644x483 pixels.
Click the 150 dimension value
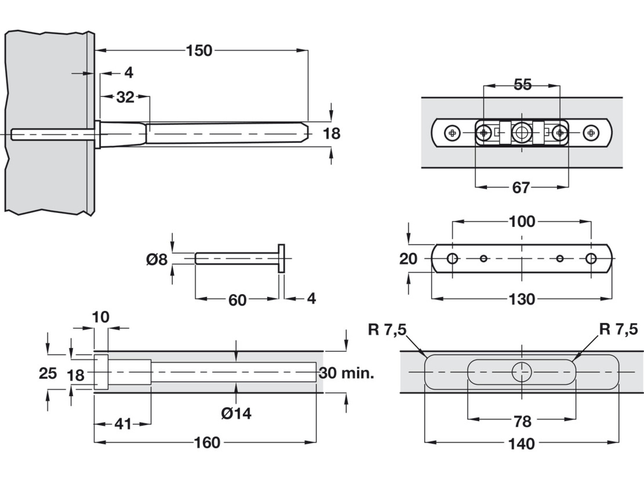[x=199, y=51]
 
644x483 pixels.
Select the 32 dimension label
[x=125, y=97]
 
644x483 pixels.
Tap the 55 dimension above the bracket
[x=522, y=85]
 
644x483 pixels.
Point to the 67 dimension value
[x=521, y=187]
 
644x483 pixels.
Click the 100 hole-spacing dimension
[x=522, y=222]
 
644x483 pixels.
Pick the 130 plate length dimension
[x=522, y=299]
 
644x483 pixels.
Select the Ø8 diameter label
[x=157, y=259]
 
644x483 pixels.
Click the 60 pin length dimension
[x=237, y=300]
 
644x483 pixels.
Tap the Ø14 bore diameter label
[x=236, y=414]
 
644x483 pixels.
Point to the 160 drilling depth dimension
[x=207, y=443]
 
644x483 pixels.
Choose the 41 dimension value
[x=123, y=424]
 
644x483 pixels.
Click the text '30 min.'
[x=346, y=373]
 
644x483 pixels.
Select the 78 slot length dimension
[x=522, y=421]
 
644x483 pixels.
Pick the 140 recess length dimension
[x=522, y=444]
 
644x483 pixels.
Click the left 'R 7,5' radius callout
[x=387, y=330]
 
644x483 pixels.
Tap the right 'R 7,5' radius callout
[x=618, y=329]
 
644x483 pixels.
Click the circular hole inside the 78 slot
[x=522, y=372]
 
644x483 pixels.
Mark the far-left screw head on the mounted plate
[x=452, y=133]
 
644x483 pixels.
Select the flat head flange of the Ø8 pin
[x=281, y=258]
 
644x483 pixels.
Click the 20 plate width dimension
[x=408, y=259]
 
